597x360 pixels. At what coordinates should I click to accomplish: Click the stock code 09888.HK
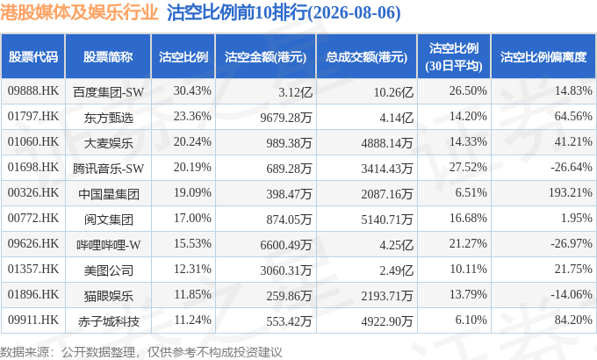[33, 90]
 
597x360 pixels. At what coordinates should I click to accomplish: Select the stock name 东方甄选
[109, 118]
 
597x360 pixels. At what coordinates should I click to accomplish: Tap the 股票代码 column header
[33, 57]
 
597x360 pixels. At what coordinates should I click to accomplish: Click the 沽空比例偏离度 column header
[543, 57]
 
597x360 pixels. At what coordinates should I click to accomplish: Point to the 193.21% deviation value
[571, 192]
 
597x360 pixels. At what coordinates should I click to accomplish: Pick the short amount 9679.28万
[286, 118]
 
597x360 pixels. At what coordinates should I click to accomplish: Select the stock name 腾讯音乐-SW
[109, 169]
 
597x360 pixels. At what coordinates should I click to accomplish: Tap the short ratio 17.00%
[192, 218]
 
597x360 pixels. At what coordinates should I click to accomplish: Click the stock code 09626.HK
[33, 243]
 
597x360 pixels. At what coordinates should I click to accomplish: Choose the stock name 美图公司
[109, 270]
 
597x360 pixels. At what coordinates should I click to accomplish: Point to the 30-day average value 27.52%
[468, 167]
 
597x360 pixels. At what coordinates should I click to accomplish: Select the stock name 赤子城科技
[109, 321]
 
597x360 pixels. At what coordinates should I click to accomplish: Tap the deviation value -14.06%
[572, 294]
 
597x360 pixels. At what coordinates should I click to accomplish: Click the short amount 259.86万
[289, 296]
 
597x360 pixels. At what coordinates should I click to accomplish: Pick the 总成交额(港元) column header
[366, 57]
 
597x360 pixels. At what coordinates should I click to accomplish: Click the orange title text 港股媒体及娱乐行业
[79, 13]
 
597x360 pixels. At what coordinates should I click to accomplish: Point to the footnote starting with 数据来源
[141, 351]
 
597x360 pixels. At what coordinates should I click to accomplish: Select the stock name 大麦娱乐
[109, 143]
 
